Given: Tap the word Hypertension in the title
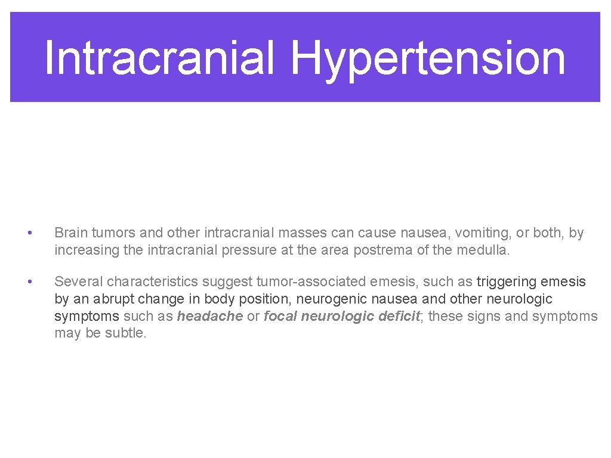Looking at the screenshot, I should pos(428,58).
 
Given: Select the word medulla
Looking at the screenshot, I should pos(483,250).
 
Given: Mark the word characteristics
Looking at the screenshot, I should pos(159,281).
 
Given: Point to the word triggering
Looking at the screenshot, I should pos(507,281).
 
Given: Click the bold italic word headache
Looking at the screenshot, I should pos(210,316).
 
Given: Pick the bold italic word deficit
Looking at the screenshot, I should pos(400,316).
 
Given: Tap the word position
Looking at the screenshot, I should pos(265,299).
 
